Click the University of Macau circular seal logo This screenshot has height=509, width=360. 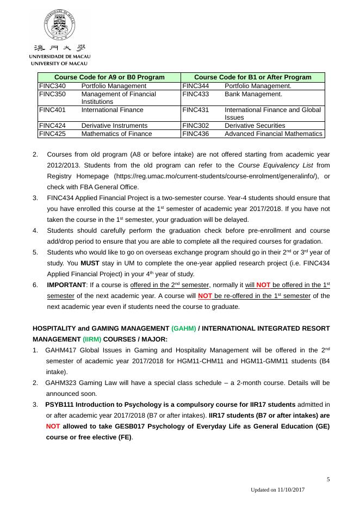click(x=60, y=25)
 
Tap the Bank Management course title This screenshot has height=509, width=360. click(x=253, y=94)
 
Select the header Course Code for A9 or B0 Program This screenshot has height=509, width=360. click(x=109, y=77)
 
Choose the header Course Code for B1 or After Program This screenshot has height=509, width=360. click(x=252, y=77)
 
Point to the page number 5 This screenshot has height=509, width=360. click(x=328, y=479)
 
